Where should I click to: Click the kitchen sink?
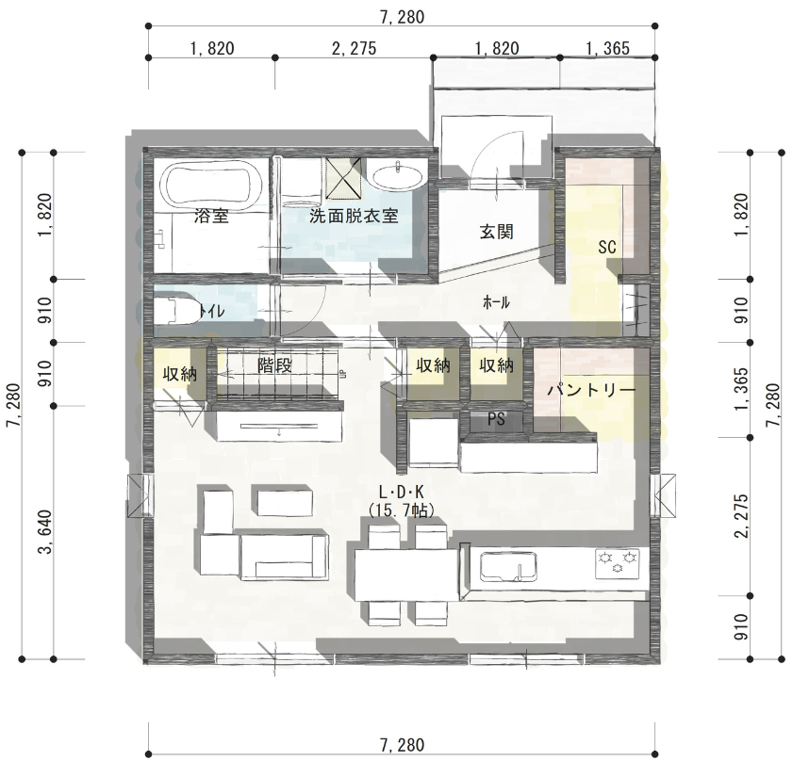coord(508,567)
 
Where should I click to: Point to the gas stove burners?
coord(617,562)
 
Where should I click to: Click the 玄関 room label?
coord(496,232)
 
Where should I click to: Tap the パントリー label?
coord(591,391)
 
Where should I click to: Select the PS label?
coord(496,419)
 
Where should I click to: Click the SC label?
coord(607,248)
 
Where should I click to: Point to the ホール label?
coord(496,302)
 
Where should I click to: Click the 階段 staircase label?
coord(275,365)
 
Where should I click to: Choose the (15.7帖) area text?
coord(402,510)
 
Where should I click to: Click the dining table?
coord(406,575)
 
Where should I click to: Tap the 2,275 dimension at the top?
coord(354,49)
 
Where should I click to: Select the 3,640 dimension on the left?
coord(46,532)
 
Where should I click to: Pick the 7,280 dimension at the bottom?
coord(402,745)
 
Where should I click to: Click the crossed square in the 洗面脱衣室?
coord(343,179)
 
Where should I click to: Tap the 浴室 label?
coord(211,216)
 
